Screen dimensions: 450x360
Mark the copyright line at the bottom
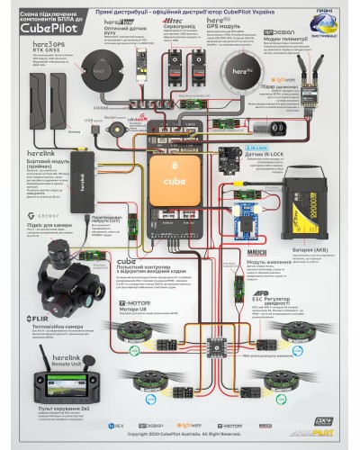click(180, 433)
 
